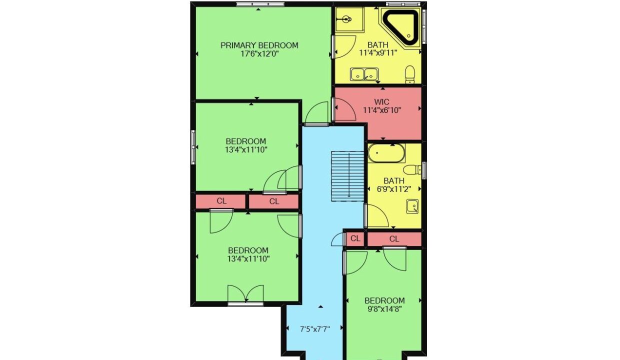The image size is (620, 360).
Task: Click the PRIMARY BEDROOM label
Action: [x=259, y=45]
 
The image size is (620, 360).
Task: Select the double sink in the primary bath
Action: [x=364, y=74]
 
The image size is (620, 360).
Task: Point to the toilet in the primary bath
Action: [x=409, y=74]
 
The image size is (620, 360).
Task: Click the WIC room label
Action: [x=381, y=102]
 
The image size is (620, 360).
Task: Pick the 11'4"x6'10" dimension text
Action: [x=382, y=110]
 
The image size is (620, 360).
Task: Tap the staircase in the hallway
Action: [x=347, y=176]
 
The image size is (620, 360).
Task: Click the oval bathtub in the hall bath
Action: [x=386, y=153]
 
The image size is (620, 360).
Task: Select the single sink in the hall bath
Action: [x=412, y=206]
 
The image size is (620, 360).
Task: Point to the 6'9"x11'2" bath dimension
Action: [x=394, y=189]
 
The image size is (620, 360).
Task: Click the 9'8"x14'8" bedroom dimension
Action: [x=384, y=309]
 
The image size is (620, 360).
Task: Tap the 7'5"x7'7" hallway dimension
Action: [x=315, y=329]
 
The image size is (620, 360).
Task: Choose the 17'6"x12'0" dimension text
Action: [x=259, y=53]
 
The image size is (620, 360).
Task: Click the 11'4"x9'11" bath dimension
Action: [x=378, y=52]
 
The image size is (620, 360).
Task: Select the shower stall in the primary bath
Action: [x=349, y=19]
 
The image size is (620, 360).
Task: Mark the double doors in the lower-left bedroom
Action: [x=245, y=295]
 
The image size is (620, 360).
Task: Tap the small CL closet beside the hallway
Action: [x=355, y=238]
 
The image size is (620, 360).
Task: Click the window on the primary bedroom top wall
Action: [x=260, y=4]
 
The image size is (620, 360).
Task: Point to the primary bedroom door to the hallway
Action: [x=316, y=114]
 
